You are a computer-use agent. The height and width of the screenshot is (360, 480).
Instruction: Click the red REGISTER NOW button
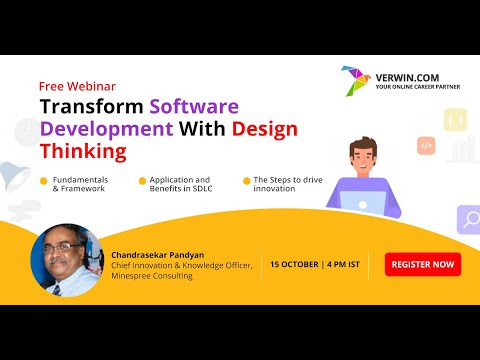pyautogui.click(x=423, y=265)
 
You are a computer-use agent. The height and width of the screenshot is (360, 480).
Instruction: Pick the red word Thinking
pyautogui.click(x=84, y=152)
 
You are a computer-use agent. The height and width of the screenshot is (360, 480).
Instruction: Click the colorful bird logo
pyautogui.click(x=355, y=81)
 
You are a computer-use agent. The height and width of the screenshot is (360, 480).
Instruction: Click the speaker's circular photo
pyautogui.click(x=66, y=259)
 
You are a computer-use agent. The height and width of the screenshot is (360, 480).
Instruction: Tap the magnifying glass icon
pyautogui.click(x=468, y=217)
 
